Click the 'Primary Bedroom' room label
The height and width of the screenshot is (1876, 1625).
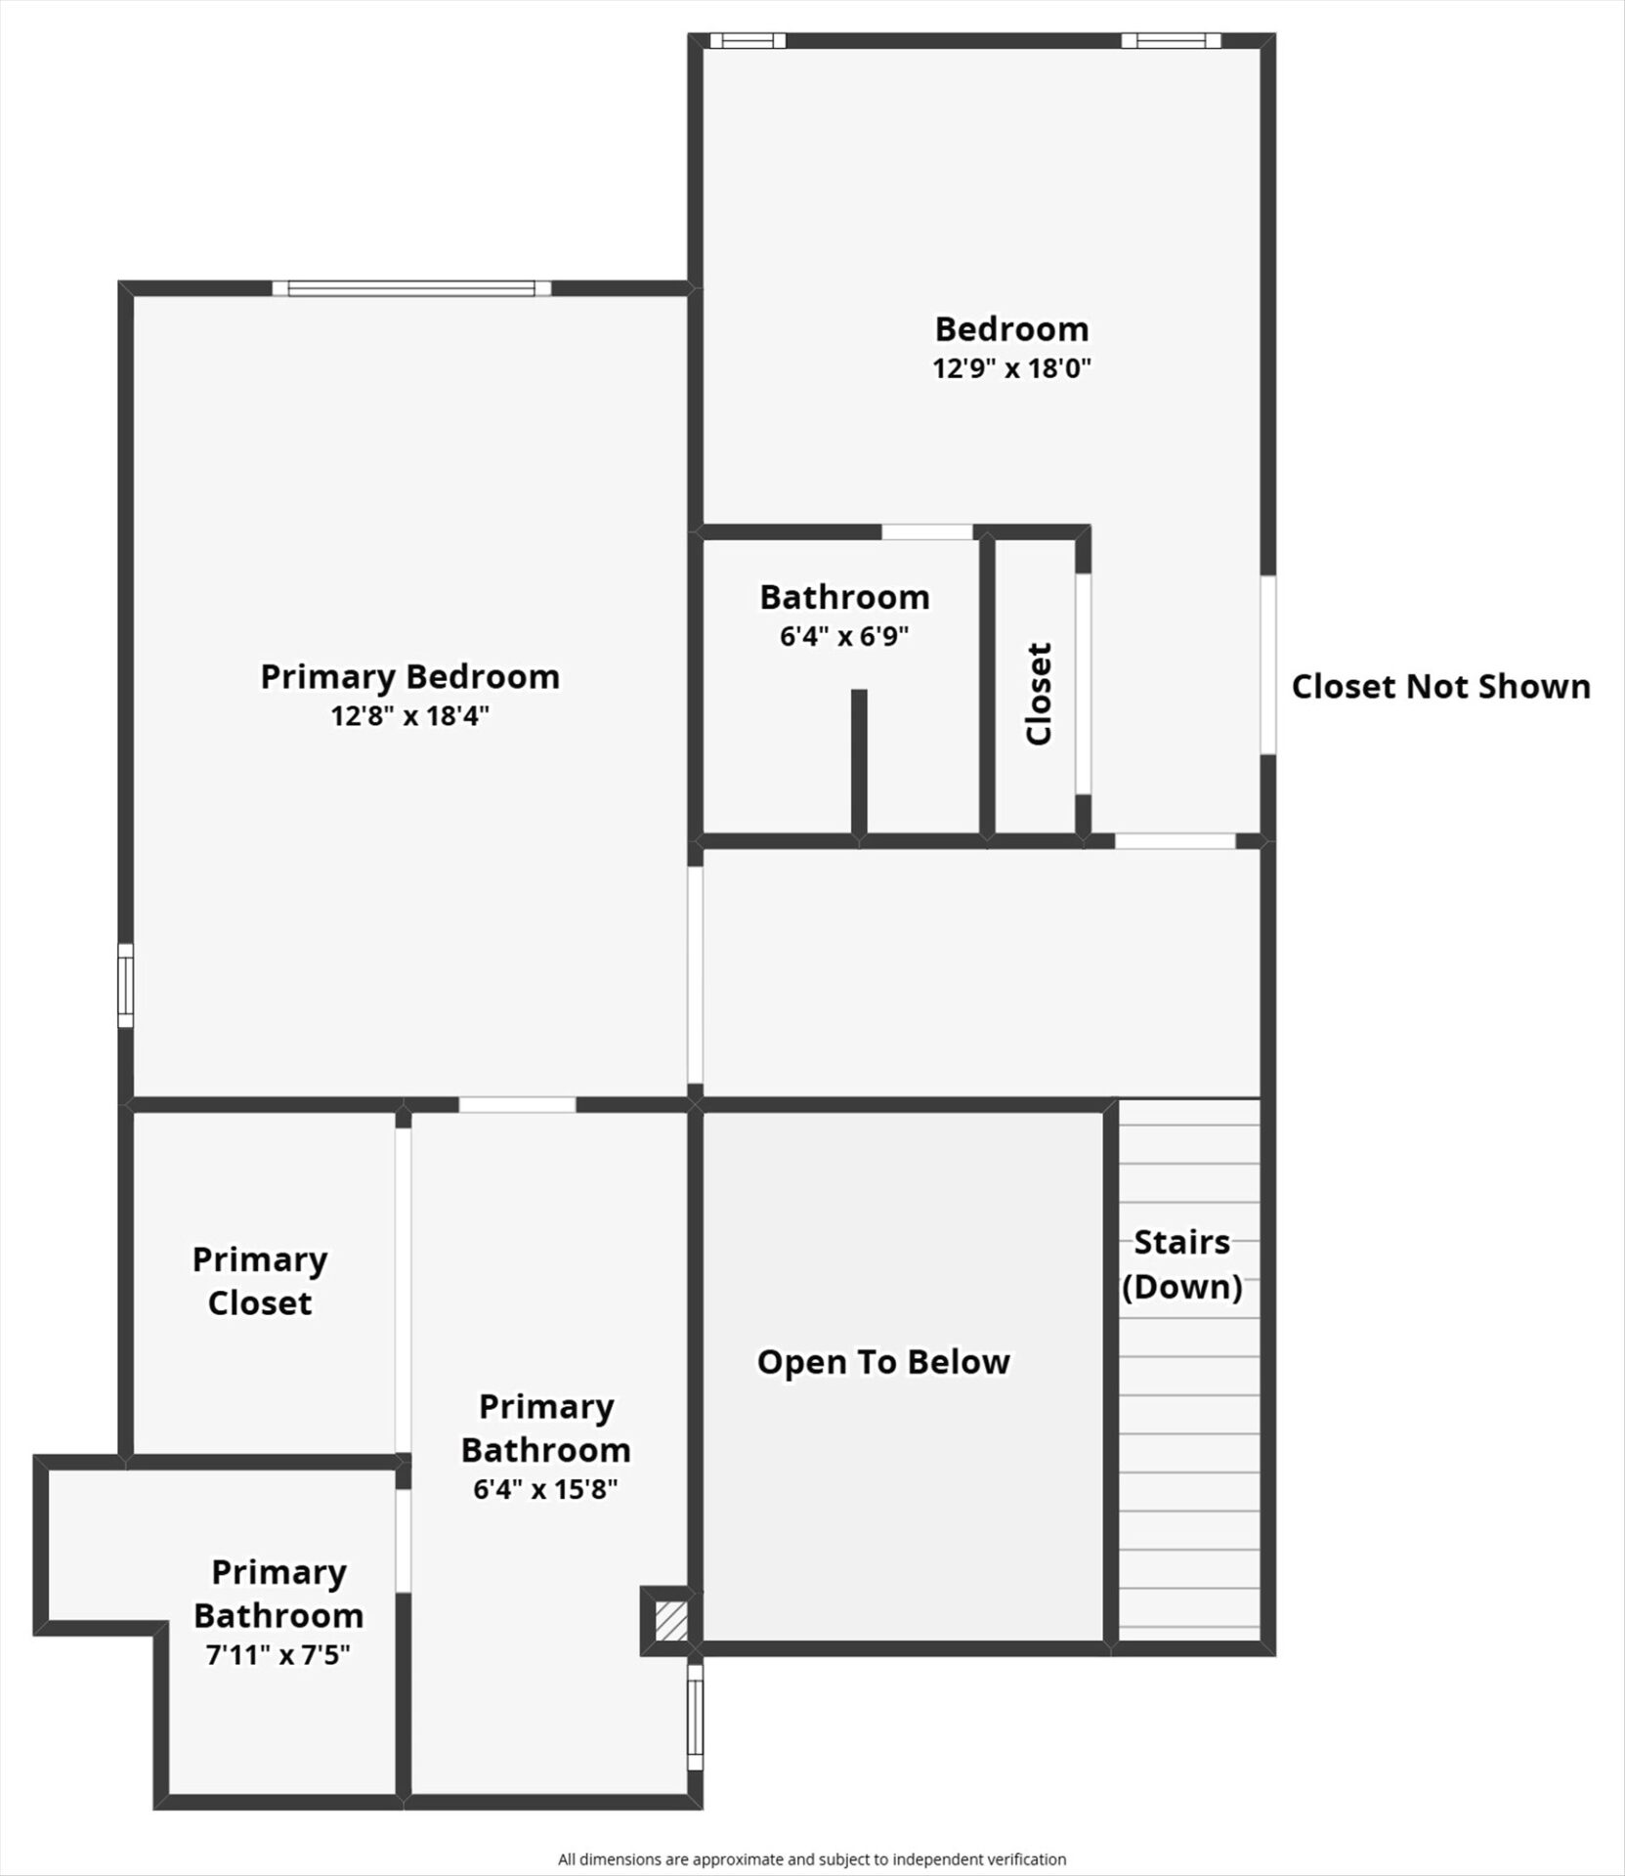pyautogui.click(x=409, y=676)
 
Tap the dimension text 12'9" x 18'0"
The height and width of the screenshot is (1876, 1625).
pyautogui.click(x=1011, y=368)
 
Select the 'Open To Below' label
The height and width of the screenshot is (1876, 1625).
pyautogui.click(x=883, y=1362)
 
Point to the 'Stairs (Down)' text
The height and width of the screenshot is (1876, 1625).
pyautogui.click(x=1182, y=1264)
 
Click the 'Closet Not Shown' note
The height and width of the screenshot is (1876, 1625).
pyautogui.click(x=1441, y=686)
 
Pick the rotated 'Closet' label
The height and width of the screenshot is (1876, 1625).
pyautogui.click(x=1039, y=694)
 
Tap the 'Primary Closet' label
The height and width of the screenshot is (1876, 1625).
pyautogui.click(x=260, y=1281)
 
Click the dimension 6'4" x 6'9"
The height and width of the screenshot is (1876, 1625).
pyautogui.click(x=844, y=636)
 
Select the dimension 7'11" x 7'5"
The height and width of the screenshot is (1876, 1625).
pyautogui.click(x=278, y=1655)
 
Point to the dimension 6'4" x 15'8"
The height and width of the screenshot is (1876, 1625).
pyautogui.click(x=546, y=1489)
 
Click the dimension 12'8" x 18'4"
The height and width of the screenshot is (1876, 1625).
pyautogui.click(x=409, y=716)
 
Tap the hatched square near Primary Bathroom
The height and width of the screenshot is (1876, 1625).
pyautogui.click(x=671, y=1621)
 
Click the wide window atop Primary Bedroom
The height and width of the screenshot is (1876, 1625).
pyautogui.click(x=411, y=288)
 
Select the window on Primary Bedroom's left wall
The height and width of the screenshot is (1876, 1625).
pyautogui.click(x=125, y=985)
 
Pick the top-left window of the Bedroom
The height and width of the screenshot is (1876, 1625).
pyautogui.click(x=748, y=40)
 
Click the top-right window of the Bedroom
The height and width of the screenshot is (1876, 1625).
pyautogui.click(x=1171, y=40)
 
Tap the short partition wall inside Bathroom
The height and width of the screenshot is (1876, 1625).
pyautogui.click(x=859, y=762)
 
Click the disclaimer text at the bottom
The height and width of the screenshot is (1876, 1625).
pyautogui.click(x=812, y=1859)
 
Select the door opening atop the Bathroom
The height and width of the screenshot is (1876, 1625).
pyautogui.click(x=927, y=532)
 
